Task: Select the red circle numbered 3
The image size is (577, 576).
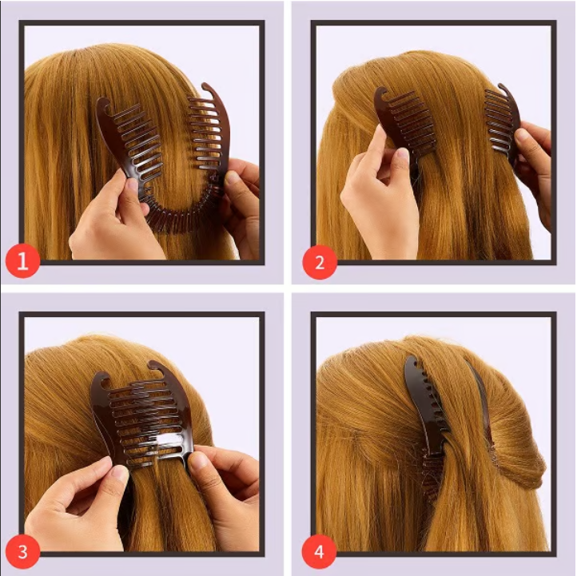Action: coord(23,550)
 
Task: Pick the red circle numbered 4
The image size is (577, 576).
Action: coord(320,550)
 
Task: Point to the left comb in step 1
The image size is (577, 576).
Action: coord(128,144)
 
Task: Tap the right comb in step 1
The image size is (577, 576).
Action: coord(209,132)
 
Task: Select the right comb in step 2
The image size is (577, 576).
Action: coord(501,120)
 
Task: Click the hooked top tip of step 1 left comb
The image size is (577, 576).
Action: coord(103,103)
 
